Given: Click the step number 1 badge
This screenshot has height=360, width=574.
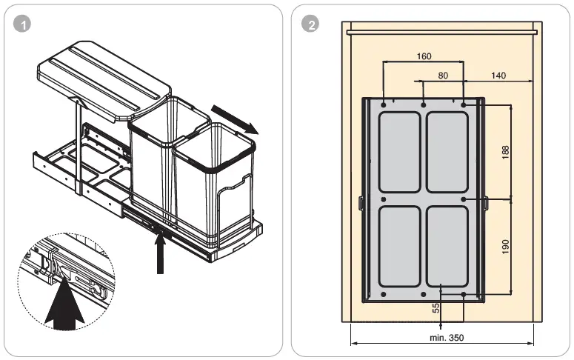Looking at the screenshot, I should (24, 24).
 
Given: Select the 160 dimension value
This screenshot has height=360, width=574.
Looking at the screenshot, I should (424, 56).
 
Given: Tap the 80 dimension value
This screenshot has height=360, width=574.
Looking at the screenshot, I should (443, 75).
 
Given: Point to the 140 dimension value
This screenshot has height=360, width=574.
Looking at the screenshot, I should (498, 75).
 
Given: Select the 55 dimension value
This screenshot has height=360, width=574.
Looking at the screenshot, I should (437, 307).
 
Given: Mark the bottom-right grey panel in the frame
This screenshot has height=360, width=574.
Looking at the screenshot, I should (447, 247).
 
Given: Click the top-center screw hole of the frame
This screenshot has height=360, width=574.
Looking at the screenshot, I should (423, 105).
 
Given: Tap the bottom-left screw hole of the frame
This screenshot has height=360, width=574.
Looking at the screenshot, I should (383, 294).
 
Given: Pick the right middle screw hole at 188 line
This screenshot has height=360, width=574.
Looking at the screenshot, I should (464, 199).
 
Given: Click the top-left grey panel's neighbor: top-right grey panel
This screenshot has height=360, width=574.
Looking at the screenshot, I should (447, 153).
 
